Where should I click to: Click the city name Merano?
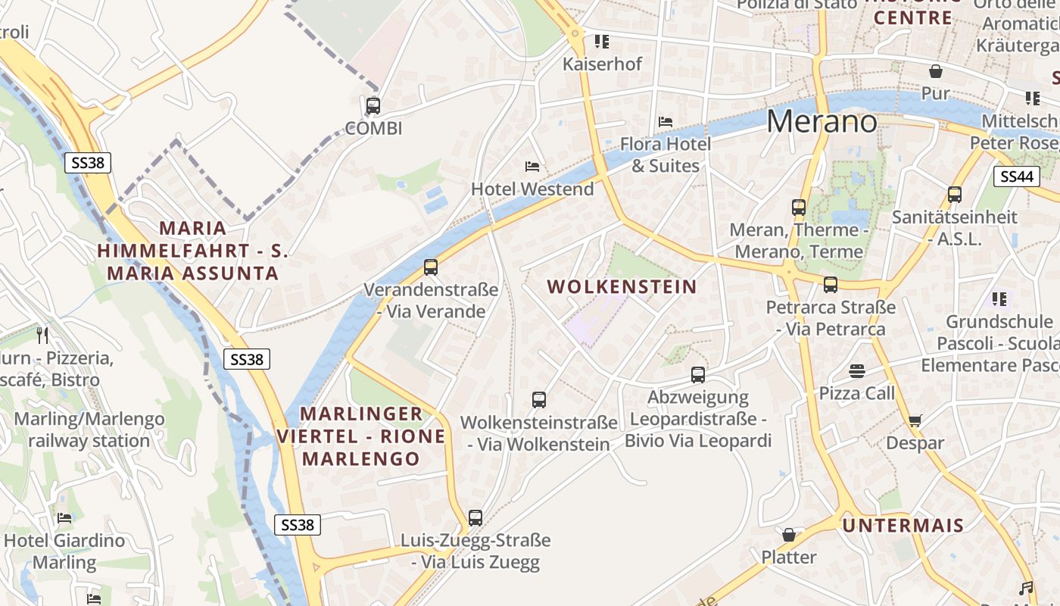point(822,121)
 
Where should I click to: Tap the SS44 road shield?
point(1016,176)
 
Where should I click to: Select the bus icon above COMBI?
point(373,106)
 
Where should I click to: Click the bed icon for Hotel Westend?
point(532,166)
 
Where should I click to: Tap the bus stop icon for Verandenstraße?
point(431,267)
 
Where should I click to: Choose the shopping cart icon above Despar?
point(915,420)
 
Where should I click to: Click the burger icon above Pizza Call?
point(857,370)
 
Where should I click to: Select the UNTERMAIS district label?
point(903,525)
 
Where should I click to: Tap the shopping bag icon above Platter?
point(789,535)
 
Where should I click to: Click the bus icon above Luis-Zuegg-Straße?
point(475,518)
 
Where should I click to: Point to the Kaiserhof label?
point(602,64)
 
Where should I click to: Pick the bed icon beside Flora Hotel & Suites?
point(666,121)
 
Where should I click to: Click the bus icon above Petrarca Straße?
point(831,285)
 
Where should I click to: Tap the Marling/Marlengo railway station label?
point(89,430)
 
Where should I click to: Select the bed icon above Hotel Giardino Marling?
point(64,518)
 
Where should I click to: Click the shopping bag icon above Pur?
point(936,72)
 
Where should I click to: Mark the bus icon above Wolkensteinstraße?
point(539,399)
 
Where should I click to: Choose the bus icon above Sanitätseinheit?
point(955,194)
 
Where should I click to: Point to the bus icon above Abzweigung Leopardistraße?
point(698,374)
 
